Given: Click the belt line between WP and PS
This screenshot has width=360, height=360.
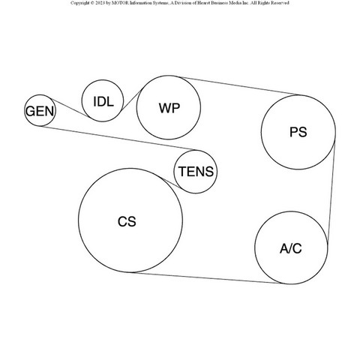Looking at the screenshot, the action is [239, 86].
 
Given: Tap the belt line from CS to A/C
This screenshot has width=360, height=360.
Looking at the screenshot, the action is [206, 278].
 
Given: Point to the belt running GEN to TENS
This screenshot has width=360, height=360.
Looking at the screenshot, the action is [118, 138].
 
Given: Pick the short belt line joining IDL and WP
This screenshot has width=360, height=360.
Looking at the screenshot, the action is [132, 99].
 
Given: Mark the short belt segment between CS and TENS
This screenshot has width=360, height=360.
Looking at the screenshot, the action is [170, 182].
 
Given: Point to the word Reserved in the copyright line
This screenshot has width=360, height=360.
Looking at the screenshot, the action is [280, 3].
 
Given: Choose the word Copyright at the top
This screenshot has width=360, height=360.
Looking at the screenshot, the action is [79, 3].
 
